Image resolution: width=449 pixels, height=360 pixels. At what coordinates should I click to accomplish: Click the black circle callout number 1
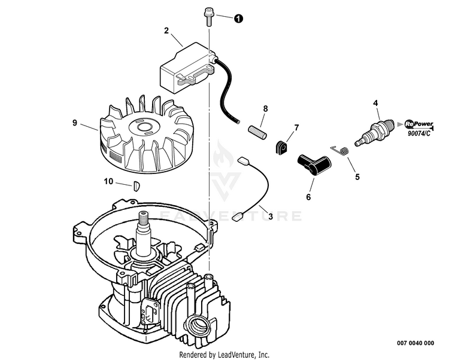238,19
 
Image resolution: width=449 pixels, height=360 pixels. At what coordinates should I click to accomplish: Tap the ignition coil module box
188,68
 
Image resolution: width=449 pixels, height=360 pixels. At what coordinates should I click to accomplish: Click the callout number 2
166,31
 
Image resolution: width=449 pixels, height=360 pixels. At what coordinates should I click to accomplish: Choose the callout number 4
375,103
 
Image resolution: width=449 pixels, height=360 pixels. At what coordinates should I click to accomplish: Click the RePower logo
419,124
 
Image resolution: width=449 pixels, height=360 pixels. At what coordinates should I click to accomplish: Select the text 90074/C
419,133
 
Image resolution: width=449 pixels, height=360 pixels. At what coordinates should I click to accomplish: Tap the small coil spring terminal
340,150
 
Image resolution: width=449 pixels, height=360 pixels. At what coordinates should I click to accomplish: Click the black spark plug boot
313,164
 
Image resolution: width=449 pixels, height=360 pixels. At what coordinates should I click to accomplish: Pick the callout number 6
308,197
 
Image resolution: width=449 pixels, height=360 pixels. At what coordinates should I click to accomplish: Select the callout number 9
75,123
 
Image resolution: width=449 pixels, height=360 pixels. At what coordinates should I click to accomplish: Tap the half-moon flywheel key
136,185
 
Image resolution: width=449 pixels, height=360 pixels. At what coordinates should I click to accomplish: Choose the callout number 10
108,182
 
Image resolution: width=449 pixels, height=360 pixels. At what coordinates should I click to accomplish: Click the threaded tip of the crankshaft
143,218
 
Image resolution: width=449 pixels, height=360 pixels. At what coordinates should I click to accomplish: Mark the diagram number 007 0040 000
415,343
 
